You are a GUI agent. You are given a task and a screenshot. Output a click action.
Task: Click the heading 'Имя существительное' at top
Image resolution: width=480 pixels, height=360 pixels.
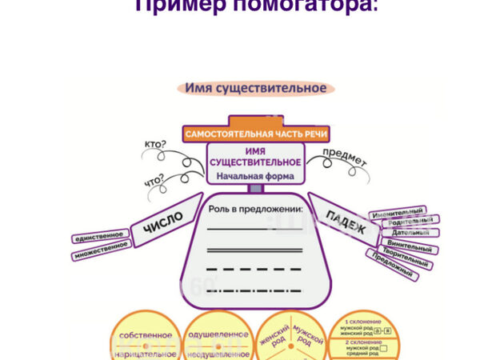click(255, 88)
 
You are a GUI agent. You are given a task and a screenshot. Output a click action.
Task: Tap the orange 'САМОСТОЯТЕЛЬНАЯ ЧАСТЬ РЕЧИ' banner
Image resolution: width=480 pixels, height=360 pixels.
click(255, 134)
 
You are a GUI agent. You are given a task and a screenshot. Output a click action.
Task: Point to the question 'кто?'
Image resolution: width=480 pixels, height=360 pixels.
click(157, 145)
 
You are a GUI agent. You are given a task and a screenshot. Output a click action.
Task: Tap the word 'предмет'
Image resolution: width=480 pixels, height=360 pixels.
click(344, 156)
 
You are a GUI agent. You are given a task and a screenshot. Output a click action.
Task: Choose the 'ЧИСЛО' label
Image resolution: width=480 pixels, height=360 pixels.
click(163, 222)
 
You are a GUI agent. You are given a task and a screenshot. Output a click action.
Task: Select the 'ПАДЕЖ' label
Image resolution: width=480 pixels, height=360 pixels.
click(346, 222)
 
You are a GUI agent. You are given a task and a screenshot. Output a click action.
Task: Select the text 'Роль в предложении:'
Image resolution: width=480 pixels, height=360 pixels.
click(255, 210)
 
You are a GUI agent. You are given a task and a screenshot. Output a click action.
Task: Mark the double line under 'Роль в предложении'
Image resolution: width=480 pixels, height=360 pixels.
click(255, 250)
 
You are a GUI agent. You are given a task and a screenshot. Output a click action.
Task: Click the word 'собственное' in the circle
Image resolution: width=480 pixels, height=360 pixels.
click(145, 335)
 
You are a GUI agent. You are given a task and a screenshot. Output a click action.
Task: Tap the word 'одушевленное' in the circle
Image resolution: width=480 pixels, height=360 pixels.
click(217, 335)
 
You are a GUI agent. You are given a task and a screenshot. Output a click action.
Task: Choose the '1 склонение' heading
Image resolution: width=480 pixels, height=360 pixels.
click(363, 320)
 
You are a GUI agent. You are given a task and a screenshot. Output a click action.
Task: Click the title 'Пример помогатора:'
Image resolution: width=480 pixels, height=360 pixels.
click(256, 6)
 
